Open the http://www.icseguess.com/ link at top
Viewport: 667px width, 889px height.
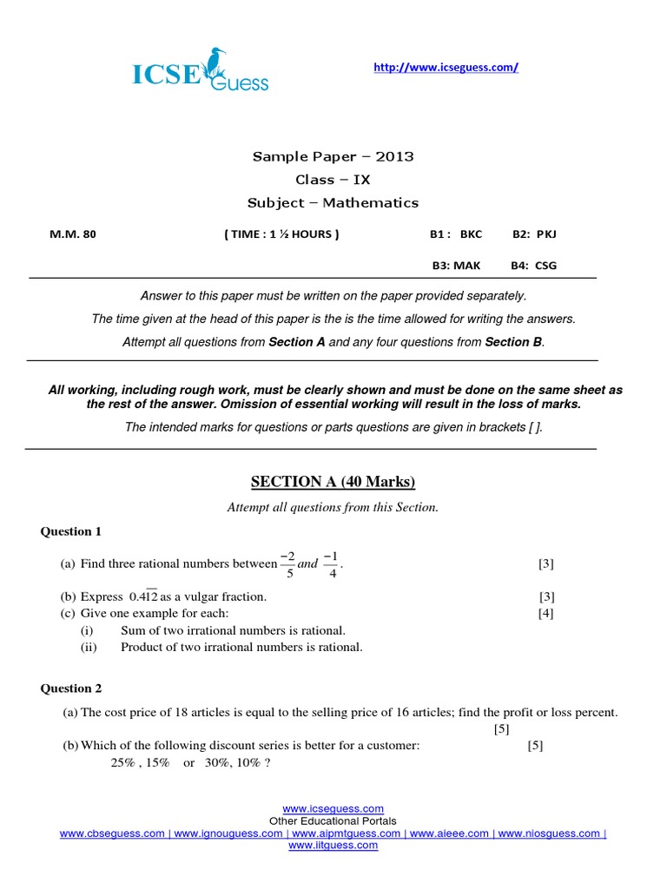click(446, 67)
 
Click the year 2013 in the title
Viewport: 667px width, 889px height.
click(396, 156)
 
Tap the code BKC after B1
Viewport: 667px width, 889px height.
click(471, 234)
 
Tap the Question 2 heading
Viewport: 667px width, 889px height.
click(71, 688)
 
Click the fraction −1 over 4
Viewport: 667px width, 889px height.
click(331, 563)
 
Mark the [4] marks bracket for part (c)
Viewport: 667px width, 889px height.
click(545, 614)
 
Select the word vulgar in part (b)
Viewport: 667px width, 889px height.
click(196, 597)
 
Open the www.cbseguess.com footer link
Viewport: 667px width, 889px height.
click(112, 833)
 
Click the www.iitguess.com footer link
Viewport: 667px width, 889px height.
click(333, 846)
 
